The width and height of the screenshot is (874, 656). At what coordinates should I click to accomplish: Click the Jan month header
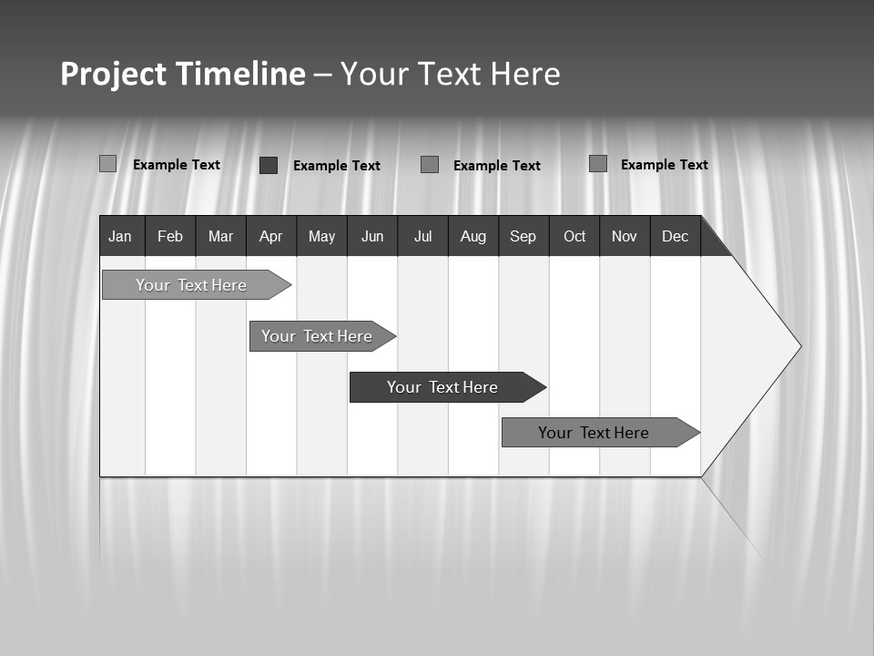tap(121, 237)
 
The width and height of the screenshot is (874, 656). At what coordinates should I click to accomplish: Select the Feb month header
tap(170, 237)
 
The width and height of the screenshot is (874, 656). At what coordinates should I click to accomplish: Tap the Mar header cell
tap(220, 237)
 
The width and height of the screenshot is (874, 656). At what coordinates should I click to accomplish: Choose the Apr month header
tap(270, 237)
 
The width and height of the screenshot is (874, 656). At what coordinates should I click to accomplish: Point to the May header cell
tap(321, 237)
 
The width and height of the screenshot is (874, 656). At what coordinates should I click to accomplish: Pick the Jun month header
tap(372, 237)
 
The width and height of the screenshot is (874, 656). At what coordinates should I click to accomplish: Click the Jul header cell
tap(422, 237)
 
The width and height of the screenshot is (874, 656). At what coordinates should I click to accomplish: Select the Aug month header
tap(473, 237)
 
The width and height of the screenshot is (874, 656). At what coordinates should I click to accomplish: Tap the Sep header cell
tap(523, 237)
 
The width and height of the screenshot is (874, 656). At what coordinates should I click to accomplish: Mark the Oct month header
tap(574, 237)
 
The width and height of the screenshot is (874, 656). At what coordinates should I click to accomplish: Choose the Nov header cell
tap(625, 237)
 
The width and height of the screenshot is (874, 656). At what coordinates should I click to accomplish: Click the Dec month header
tap(676, 237)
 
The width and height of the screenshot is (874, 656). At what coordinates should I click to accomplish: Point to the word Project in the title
tap(114, 74)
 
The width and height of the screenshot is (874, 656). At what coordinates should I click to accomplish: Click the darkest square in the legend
tap(269, 165)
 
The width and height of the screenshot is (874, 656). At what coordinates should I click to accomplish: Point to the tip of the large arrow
tap(799, 346)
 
